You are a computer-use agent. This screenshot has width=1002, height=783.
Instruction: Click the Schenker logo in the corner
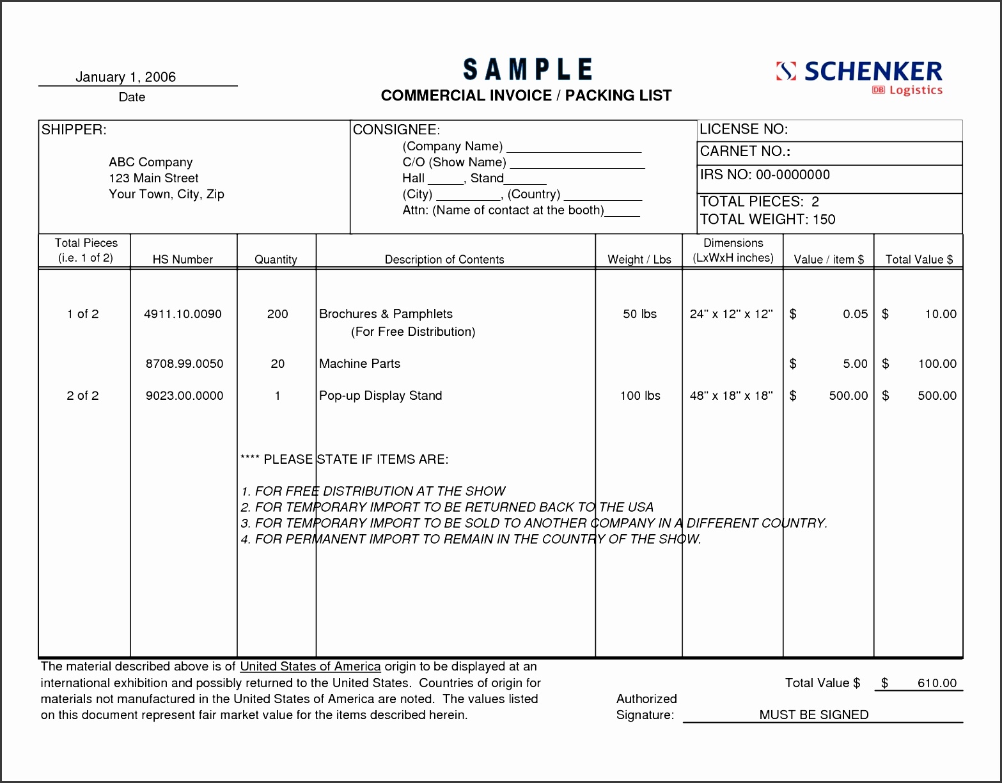click(x=859, y=77)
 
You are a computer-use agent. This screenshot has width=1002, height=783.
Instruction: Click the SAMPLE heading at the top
click(x=528, y=70)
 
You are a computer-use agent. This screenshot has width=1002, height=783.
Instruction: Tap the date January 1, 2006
click(x=125, y=77)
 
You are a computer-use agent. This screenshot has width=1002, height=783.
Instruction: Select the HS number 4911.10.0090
click(x=183, y=314)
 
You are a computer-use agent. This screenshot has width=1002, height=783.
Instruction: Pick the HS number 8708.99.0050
click(x=184, y=364)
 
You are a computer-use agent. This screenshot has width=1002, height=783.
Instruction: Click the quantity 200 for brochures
click(x=278, y=314)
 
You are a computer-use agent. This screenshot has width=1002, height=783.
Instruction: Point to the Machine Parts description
click(x=359, y=364)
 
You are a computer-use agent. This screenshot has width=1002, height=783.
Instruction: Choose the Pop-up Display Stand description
click(x=380, y=396)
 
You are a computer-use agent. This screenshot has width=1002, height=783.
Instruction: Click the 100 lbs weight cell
click(x=639, y=396)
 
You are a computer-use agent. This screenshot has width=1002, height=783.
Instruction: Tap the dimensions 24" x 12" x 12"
click(x=731, y=314)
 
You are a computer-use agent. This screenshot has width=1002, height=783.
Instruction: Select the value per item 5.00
click(x=855, y=364)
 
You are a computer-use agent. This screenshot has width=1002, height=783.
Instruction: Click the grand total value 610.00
click(x=937, y=683)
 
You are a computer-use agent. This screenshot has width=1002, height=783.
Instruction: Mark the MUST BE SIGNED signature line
click(x=813, y=715)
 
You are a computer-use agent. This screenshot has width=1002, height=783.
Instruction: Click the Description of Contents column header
click(x=444, y=260)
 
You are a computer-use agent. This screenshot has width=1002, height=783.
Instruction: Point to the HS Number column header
click(x=183, y=260)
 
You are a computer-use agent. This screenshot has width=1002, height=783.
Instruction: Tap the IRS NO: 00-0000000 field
click(x=765, y=175)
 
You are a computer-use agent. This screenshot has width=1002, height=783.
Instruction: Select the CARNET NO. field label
click(x=745, y=152)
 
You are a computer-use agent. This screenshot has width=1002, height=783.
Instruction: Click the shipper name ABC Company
click(x=150, y=162)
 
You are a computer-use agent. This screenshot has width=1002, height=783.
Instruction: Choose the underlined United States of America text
click(x=310, y=667)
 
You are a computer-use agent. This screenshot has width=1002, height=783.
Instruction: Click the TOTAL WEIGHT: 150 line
click(x=767, y=219)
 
